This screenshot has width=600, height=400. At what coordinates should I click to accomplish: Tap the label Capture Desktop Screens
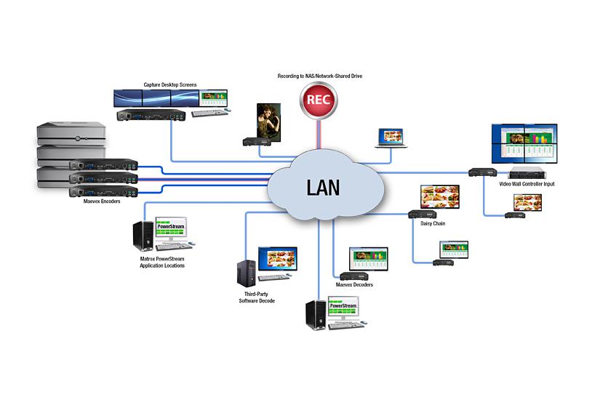tap(169, 85)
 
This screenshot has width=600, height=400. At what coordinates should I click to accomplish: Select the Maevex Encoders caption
tap(101, 201)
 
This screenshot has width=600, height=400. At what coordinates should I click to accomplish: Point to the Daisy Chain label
tap(433, 223)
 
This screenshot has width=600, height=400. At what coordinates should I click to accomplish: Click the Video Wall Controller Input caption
tap(527, 184)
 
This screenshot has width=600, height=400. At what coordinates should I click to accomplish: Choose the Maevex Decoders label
tap(354, 284)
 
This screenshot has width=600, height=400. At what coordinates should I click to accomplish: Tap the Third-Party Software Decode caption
tap(257, 296)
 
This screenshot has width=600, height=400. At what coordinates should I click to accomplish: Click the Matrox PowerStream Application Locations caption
tap(162, 262)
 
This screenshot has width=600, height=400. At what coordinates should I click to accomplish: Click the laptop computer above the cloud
tap(391, 138)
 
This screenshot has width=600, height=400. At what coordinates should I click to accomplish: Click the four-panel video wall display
tap(525, 143)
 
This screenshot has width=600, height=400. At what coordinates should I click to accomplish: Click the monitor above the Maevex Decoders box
tap(368, 258)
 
